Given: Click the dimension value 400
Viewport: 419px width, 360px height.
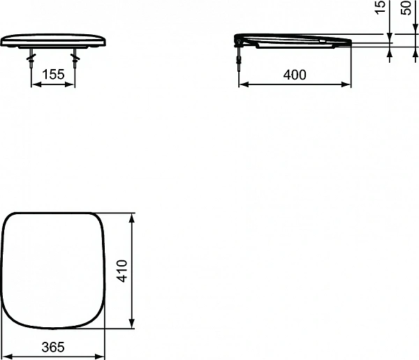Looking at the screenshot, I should click(x=295, y=75).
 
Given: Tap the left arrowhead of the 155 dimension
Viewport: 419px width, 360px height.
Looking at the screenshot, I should click(x=34, y=84).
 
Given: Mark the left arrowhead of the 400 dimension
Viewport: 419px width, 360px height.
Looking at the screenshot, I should click(x=242, y=84).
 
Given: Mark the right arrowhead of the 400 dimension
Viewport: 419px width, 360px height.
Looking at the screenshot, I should click(x=348, y=84).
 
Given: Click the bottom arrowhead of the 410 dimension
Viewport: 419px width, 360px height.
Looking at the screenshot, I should click(x=133, y=327).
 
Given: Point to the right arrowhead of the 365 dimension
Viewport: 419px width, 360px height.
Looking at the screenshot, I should click(x=102, y=356).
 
